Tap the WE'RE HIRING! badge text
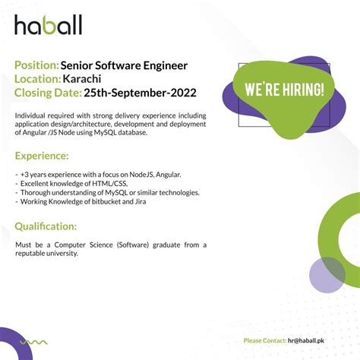pos(284,89)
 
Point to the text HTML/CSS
pos(110,183)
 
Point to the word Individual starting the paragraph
pos(31,115)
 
